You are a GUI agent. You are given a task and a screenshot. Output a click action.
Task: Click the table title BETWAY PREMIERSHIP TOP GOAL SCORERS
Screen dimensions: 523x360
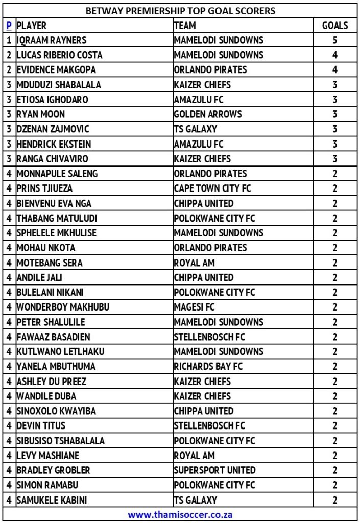click(180, 10)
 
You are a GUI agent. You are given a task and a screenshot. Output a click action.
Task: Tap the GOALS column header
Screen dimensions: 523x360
click(335, 25)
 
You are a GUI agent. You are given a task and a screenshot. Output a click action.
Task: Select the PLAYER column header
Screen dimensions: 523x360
click(32, 25)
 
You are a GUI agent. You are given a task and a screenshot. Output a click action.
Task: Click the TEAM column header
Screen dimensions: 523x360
click(185, 25)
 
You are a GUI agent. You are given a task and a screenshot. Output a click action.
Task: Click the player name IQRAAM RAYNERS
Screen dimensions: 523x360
click(52, 40)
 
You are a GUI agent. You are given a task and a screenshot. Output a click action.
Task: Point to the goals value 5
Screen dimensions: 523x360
click(335, 40)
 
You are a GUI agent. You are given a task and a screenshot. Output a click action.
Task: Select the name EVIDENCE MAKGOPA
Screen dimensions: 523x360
click(56, 69)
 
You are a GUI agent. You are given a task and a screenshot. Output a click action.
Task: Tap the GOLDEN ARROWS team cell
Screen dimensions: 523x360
click(208, 114)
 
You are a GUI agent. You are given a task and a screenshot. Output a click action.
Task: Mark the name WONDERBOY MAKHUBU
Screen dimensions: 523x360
click(63, 307)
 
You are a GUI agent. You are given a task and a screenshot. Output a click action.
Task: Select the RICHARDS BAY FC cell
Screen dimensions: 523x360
click(208, 366)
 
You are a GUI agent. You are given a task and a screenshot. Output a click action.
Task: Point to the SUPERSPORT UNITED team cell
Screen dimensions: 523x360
click(214, 470)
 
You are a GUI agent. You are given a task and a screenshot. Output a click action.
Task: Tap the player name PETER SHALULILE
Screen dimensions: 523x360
click(51, 322)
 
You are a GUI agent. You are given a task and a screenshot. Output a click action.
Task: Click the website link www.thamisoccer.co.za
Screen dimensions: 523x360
click(180, 514)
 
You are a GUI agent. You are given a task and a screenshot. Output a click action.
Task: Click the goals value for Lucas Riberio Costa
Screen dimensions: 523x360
click(335, 55)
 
